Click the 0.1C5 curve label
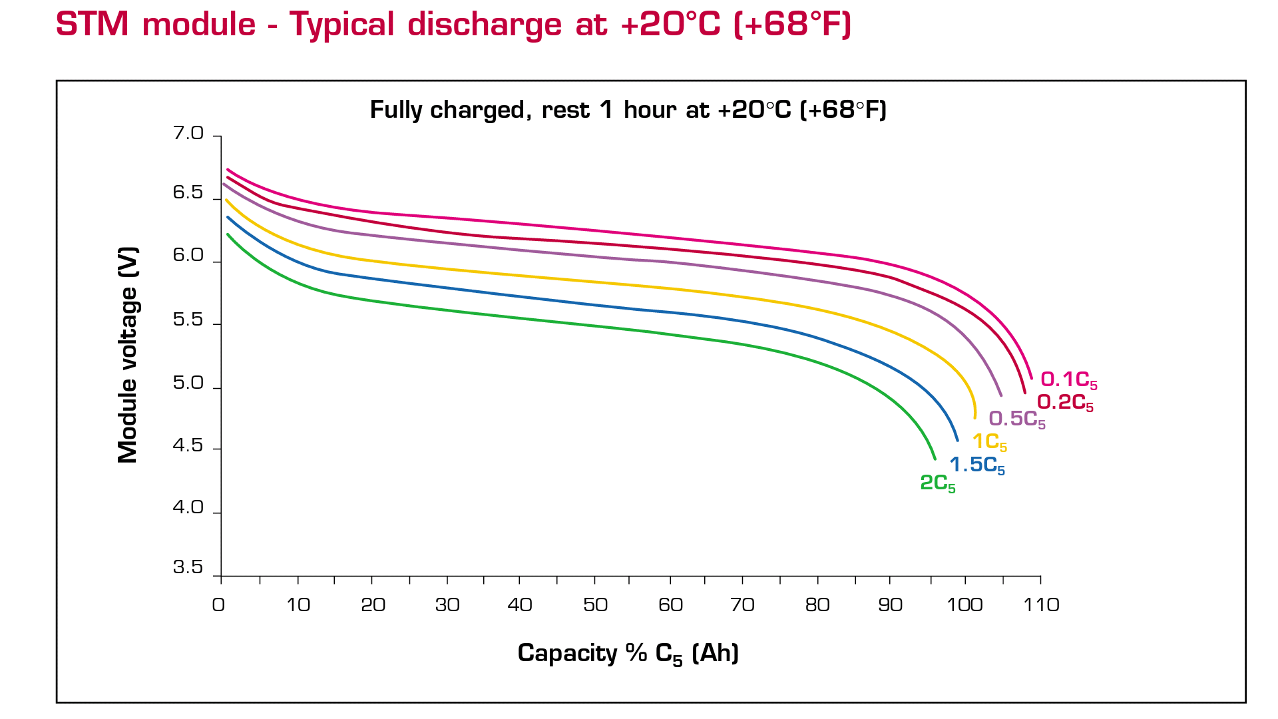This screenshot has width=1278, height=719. click(1068, 380)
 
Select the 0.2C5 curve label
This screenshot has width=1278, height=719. click(1064, 403)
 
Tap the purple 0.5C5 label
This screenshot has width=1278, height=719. click(1016, 419)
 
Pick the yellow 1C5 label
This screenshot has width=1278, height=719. click(989, 442)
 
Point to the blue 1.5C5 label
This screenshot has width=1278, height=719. click(976, 465)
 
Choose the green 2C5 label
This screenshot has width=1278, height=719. click(937, 484)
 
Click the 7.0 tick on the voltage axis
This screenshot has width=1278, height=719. click(188, 134)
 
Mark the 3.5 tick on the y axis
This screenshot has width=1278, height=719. click(188, 567)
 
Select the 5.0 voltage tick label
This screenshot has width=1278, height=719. click(188, 383)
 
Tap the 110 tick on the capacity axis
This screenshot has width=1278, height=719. click(1041, 605)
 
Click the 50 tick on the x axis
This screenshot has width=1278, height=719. click(595, 605)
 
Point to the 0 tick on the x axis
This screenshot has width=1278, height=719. click(218, 605)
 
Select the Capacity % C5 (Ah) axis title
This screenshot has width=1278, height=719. click(628, 654)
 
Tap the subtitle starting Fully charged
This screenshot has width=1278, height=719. click(628, 110)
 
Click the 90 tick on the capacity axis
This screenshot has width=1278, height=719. click(890, 605)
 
